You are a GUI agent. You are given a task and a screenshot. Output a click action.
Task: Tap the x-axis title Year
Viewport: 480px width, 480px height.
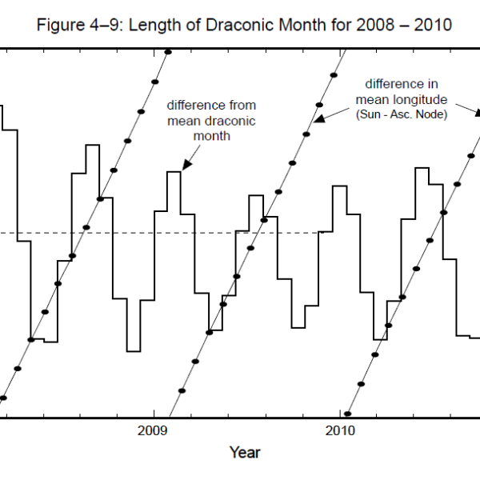click(245, 454)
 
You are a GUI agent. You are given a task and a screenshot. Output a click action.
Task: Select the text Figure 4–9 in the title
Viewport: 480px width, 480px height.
click(76, 25)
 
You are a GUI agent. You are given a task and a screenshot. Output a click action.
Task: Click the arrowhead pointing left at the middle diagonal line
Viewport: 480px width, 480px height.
click(318, 118)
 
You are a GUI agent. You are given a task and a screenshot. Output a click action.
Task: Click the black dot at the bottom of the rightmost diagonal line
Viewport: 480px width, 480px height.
click(348, 414)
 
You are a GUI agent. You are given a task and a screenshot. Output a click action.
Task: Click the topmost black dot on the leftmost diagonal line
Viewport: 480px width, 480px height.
click(168, 53)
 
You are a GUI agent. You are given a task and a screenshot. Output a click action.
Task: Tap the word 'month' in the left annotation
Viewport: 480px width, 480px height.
click(211, 136)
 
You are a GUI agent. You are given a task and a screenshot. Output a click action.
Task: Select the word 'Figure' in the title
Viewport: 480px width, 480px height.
click(59, 25)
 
